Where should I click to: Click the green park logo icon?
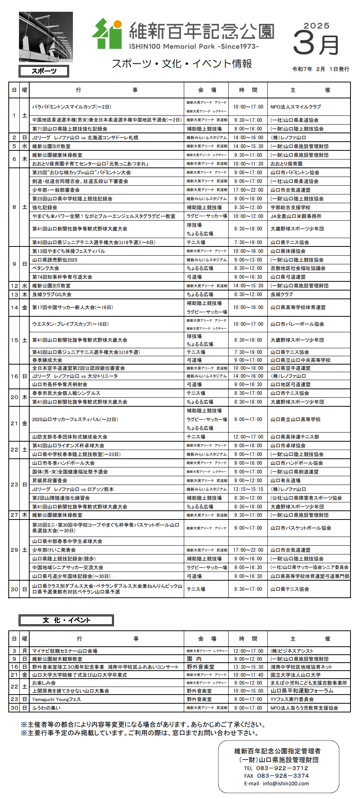[x=107, y=34]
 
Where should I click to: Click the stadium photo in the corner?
[x=46, y=37]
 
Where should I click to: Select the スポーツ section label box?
[x=44, y=71]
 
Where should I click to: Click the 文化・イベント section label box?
[x=66, y=620]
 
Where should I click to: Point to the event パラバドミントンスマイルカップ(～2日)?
[x=72, y=107]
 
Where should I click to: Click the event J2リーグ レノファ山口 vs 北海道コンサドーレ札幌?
[x=85, y=137]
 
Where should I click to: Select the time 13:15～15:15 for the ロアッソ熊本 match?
[x=248, y=489]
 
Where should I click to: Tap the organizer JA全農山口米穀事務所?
[x=296, y=216]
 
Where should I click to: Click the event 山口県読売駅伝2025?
[x=55, y=260]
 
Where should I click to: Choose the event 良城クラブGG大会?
[x=52, y=294]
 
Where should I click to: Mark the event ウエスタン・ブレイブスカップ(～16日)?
[x=70, y=324]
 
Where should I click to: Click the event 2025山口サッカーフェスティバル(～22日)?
[x=75, y=419]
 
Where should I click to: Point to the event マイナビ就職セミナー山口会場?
[x=65, y=651]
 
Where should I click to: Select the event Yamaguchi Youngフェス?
[x=56, y=699]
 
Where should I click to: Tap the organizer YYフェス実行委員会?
[x=292, y=699]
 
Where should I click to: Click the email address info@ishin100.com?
[x=286, y=783]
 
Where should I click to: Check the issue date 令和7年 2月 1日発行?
[x=321, y=69]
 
